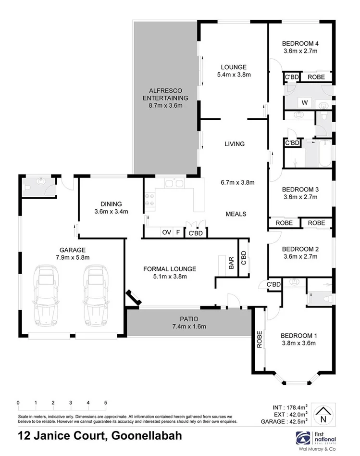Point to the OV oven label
pos(166,232)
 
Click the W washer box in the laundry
pos(304,102)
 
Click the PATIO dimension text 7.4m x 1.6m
pos(188,327)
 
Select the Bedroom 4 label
pos(300,43)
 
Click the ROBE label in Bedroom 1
pos(259,339)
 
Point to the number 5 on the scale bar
pos(106,402)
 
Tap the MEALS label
pos(236,214)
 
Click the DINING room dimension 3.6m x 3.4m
pos(111,211)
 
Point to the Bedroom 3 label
pos(300,189)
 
